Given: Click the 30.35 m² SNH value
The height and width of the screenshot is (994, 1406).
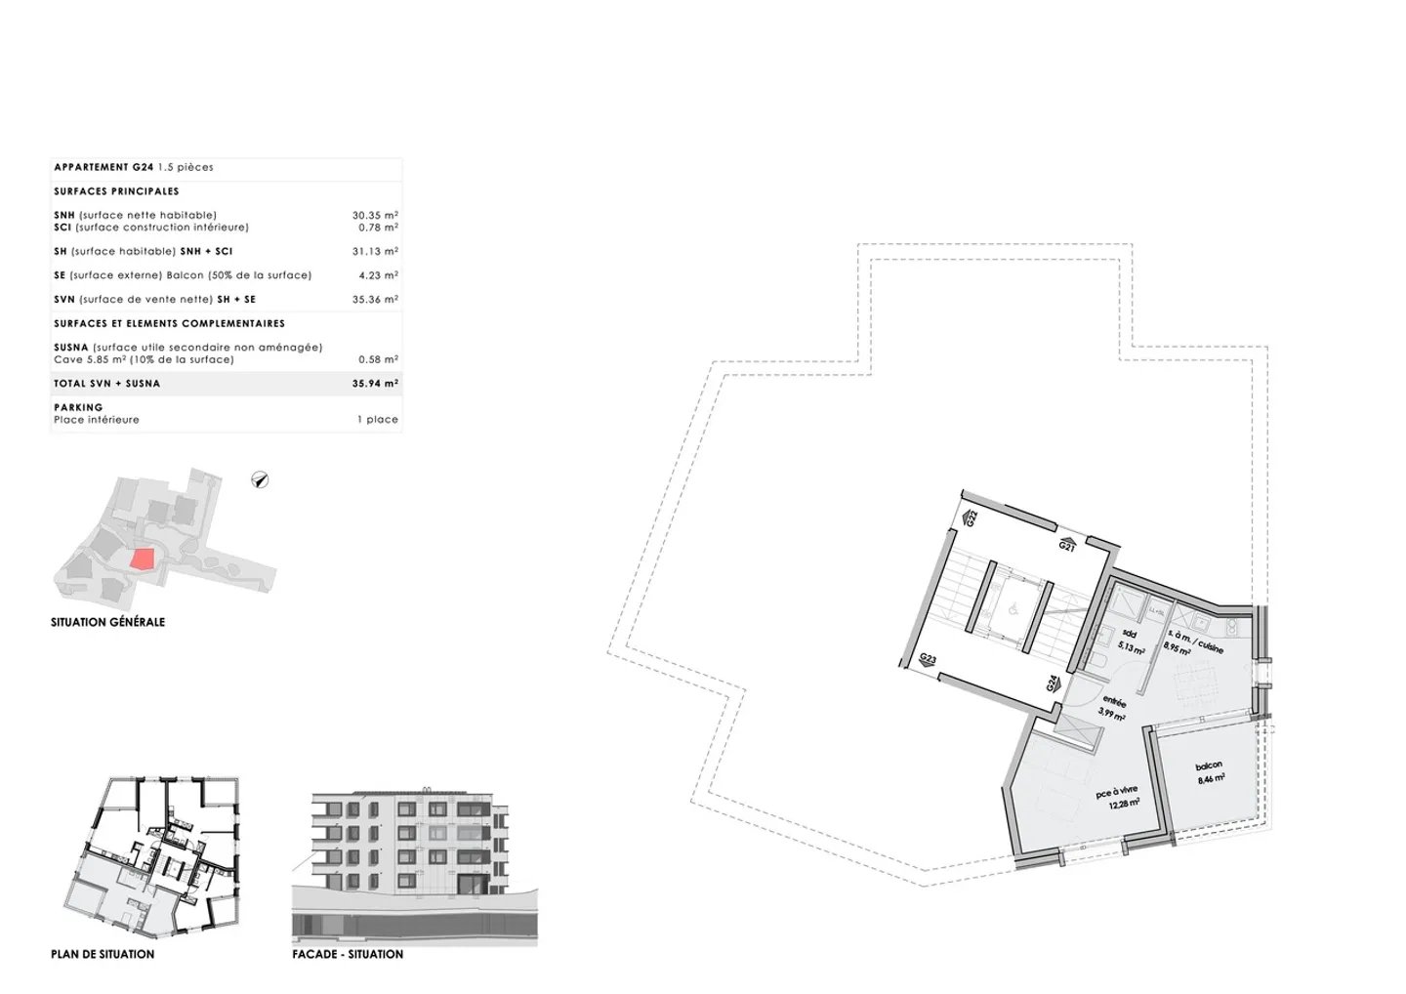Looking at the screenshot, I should [x=375, y=215].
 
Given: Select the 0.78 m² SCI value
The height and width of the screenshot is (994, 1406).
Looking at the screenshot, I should [x=378, y=228].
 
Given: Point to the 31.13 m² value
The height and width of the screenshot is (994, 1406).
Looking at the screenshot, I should [x=375, y=251].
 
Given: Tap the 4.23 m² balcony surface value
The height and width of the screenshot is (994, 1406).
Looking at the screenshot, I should [x=378, y=275].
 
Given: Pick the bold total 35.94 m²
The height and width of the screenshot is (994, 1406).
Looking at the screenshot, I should [x=375, y=384].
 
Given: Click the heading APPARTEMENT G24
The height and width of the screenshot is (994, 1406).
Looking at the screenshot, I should [x=103, y=167].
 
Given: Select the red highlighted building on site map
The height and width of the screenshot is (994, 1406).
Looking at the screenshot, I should [x=143, y=559].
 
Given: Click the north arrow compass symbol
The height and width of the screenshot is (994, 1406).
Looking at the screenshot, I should [x=260, y=479].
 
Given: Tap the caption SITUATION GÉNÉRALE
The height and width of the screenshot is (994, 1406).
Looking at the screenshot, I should [x=107, y=622].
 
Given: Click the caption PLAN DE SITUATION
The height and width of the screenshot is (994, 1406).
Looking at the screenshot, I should [x=103, y=954].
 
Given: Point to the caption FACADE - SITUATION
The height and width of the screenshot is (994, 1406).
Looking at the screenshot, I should [x=348, y=954].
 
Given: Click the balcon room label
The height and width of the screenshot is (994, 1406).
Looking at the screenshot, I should [x=1210, y=772].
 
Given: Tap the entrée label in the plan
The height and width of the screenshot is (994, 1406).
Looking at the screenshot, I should [x=1113, y=706].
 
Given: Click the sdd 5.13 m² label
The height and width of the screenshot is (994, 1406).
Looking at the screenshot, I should [x=1131, y=642].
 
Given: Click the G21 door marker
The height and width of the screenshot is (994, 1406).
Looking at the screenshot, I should [x=1067, y=545].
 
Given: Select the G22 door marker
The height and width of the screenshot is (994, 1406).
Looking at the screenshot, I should [x=971, y=518].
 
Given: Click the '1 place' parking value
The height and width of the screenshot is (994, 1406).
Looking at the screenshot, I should [x=378, y=420].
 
